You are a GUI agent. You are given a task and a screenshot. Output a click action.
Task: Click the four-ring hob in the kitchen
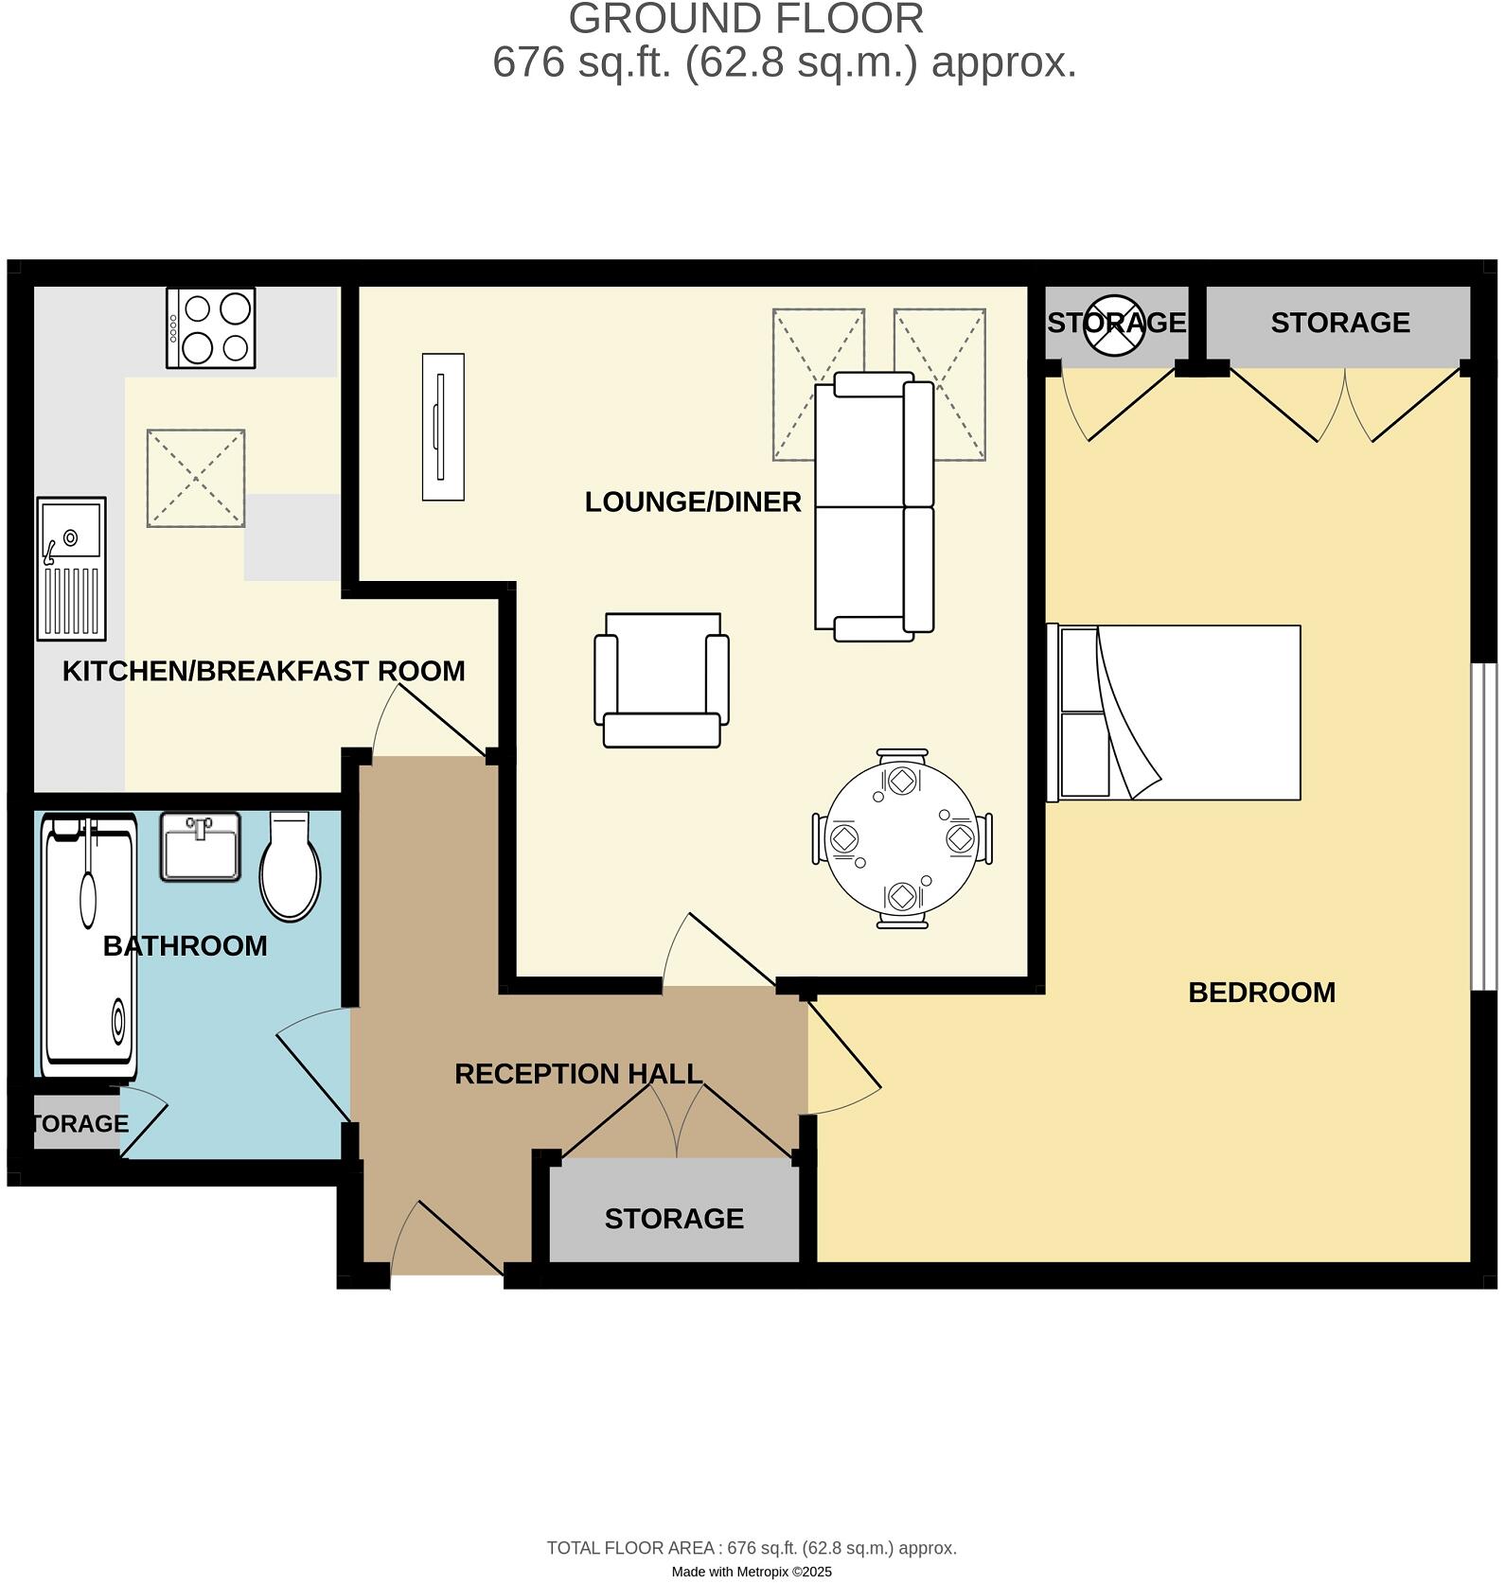coord(210,327)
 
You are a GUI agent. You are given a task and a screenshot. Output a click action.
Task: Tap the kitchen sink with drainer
coord(71,568)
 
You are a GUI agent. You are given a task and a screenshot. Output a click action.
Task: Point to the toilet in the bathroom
coord(290,867)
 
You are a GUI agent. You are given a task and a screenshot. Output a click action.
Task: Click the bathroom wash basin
coord(200,846)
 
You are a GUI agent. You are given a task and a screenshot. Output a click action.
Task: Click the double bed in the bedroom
coord(1174,712)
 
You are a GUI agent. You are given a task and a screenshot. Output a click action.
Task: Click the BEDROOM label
coord(1261,993)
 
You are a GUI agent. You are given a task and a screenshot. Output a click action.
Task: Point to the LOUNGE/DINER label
coord(692,502)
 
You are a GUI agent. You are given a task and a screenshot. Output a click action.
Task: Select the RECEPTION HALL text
coord(577,1074)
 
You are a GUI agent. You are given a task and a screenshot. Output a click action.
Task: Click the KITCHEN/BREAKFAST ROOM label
coord(263,671)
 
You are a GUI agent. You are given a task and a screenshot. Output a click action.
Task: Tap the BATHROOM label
coord(185,945)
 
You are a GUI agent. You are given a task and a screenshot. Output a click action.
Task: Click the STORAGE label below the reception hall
coord(674,1219)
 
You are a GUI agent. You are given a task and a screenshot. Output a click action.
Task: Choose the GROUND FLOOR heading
coord(745,19)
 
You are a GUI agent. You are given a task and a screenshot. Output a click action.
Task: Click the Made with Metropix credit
coord(752,1572)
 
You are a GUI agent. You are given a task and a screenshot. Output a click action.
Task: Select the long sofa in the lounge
coord(874,506)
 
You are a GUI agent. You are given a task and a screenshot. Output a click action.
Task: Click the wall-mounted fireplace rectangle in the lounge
coord(443,427)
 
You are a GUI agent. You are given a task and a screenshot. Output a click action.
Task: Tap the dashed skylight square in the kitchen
coord(195,478)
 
